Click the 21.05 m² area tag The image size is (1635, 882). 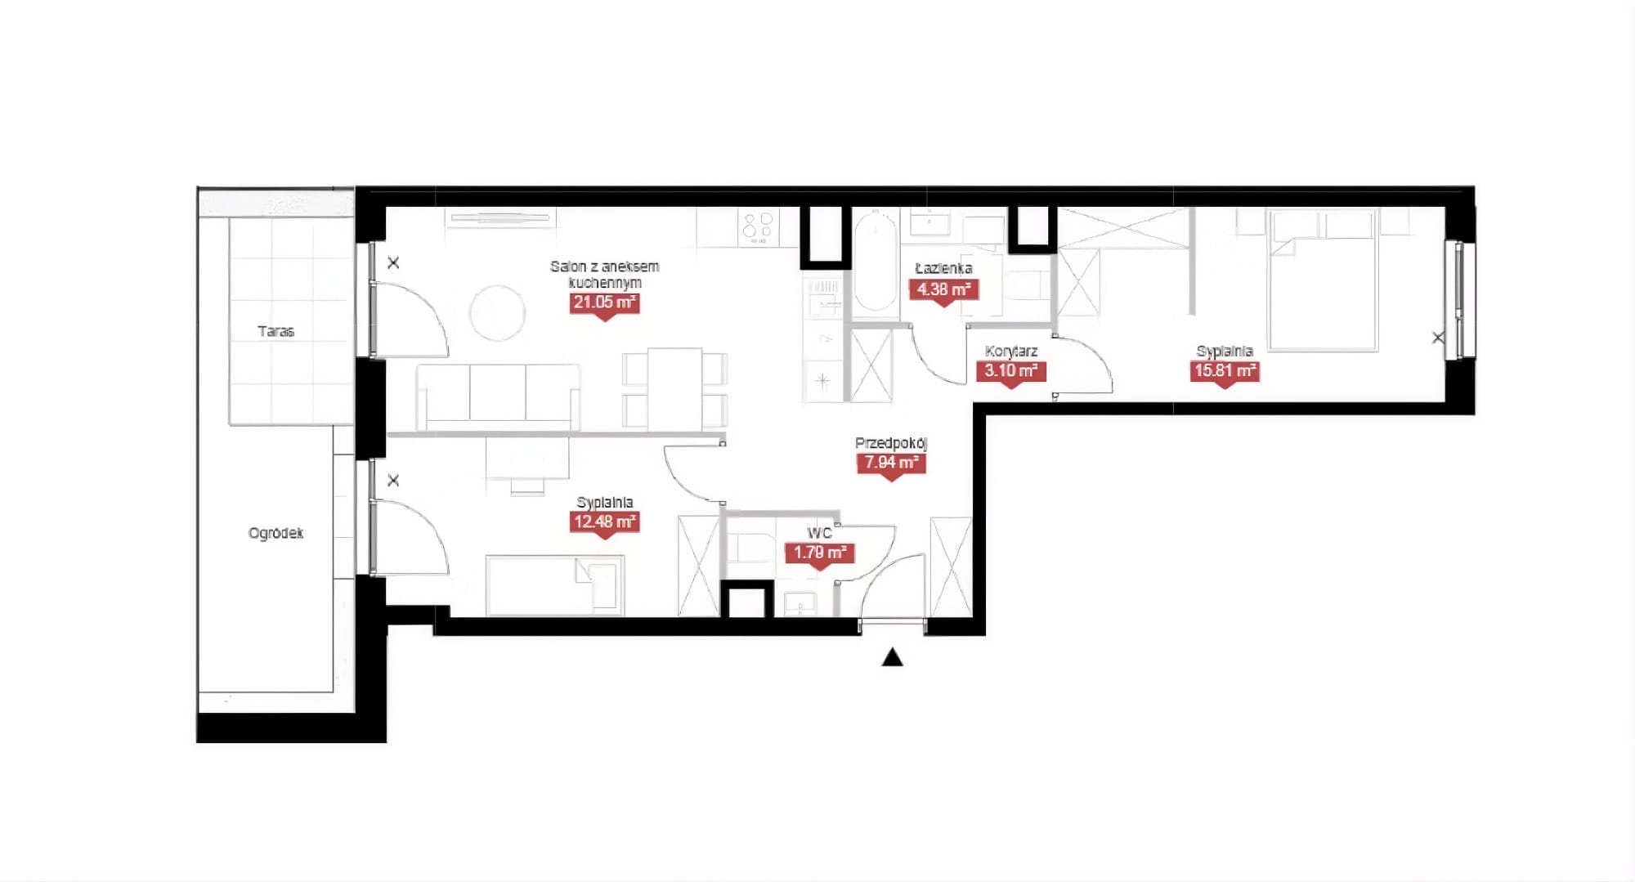pyautogui.click(x=604, y=303)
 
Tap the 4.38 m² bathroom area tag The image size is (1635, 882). pyautogui.click(x=943, y=290)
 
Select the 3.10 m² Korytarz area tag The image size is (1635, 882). pyautogui.click(x=1010, y=371)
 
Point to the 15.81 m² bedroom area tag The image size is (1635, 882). pyautogui.click(x=1225, y=371)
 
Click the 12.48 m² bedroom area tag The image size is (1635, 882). pyautogui.click(x=604, y=522)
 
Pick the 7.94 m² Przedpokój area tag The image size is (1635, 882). pyautogui.click(x=891, y=463)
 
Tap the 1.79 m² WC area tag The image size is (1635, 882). pyautogui.click(x=820, y=553)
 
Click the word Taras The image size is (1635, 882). pyautogui.click(x=275, y=331)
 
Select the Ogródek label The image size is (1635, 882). pyautogui.click(x=275, y=533)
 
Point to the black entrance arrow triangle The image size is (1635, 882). pyautogui.click(x=892, y=657)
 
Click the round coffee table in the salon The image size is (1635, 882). pyautogui.click(x=497, y=312)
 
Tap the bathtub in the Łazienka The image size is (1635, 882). pyautogui.click(x=876, y=260)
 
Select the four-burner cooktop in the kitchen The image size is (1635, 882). pyautogui.click(x=758, y=226)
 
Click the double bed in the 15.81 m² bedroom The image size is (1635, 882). pyautogui.click(x=1322, y=280)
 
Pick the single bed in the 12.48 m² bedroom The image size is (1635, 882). pyautogui.click(x=555, y=585)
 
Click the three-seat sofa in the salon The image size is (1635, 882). pyautogui.click(x=498, y=397)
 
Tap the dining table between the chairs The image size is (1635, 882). pyautogui.click(x=674, y=389)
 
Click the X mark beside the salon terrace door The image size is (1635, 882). pyautogui.click(x=393, y=263)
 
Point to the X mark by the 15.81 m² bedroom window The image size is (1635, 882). pyautogui.click(x=1438, y=338)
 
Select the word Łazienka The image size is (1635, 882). pyautogui.click(x=943, y=268)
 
